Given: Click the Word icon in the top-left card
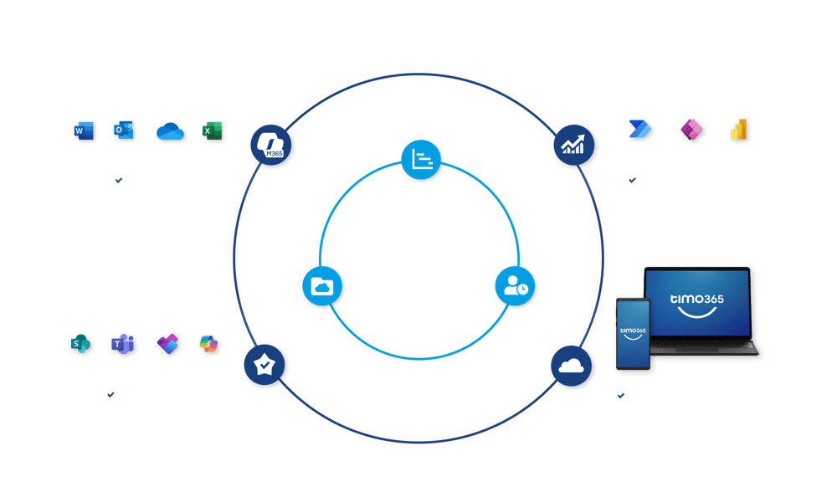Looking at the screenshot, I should (84, 131).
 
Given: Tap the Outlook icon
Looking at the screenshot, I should (124, 131).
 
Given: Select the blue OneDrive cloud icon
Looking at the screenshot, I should (170, 131).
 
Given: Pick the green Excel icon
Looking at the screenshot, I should (211, 131).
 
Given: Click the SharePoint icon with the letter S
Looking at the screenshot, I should (80, 344).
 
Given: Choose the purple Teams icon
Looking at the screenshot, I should (123, 344).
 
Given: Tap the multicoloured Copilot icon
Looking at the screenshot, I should (209, 344).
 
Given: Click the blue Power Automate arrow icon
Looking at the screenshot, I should (640, 130).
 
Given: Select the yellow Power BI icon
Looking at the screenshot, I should (738, 130).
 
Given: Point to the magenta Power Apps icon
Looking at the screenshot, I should (691, 130).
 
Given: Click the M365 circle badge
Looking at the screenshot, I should (269, 146).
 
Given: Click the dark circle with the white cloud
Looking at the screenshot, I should (572, 366).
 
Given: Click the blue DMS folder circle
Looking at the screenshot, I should (322, 287).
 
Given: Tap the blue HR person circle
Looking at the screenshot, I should (515, 287).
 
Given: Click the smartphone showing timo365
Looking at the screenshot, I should (634, 332).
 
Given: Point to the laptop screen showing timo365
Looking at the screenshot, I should (696, 303).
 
